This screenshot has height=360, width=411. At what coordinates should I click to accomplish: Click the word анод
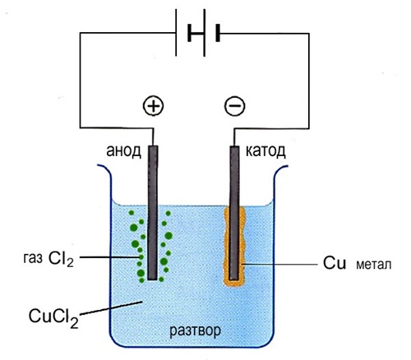pos(123,151)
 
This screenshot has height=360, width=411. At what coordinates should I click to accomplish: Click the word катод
pos(266,151)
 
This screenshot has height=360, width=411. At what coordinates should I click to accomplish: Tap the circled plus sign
pos(154,106)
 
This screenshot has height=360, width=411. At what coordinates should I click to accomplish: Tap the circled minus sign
pos(235,106)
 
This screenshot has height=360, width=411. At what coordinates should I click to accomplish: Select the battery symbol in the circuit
pos(198,33)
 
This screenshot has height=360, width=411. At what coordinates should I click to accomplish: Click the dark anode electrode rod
pos(153,213)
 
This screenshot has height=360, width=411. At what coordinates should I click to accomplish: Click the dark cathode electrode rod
pos(234,214)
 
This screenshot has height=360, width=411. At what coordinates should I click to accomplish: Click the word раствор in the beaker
pos(195,330)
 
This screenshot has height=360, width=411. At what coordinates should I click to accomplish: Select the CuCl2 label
pos(53,317)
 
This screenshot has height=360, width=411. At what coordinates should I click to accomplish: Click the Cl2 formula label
pos(61,259)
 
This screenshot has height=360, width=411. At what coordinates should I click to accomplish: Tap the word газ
pos(33,259)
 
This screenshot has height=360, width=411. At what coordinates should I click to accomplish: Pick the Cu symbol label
pos(335,263)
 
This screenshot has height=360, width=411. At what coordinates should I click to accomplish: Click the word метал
pos(374,265)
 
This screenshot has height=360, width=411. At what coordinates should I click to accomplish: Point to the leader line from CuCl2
pos(111,308)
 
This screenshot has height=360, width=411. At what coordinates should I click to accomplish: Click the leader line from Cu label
pos(279,265)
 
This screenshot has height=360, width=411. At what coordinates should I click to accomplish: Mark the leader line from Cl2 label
pos(110,257)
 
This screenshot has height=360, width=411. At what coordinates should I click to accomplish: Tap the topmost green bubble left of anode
pos(132,213)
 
